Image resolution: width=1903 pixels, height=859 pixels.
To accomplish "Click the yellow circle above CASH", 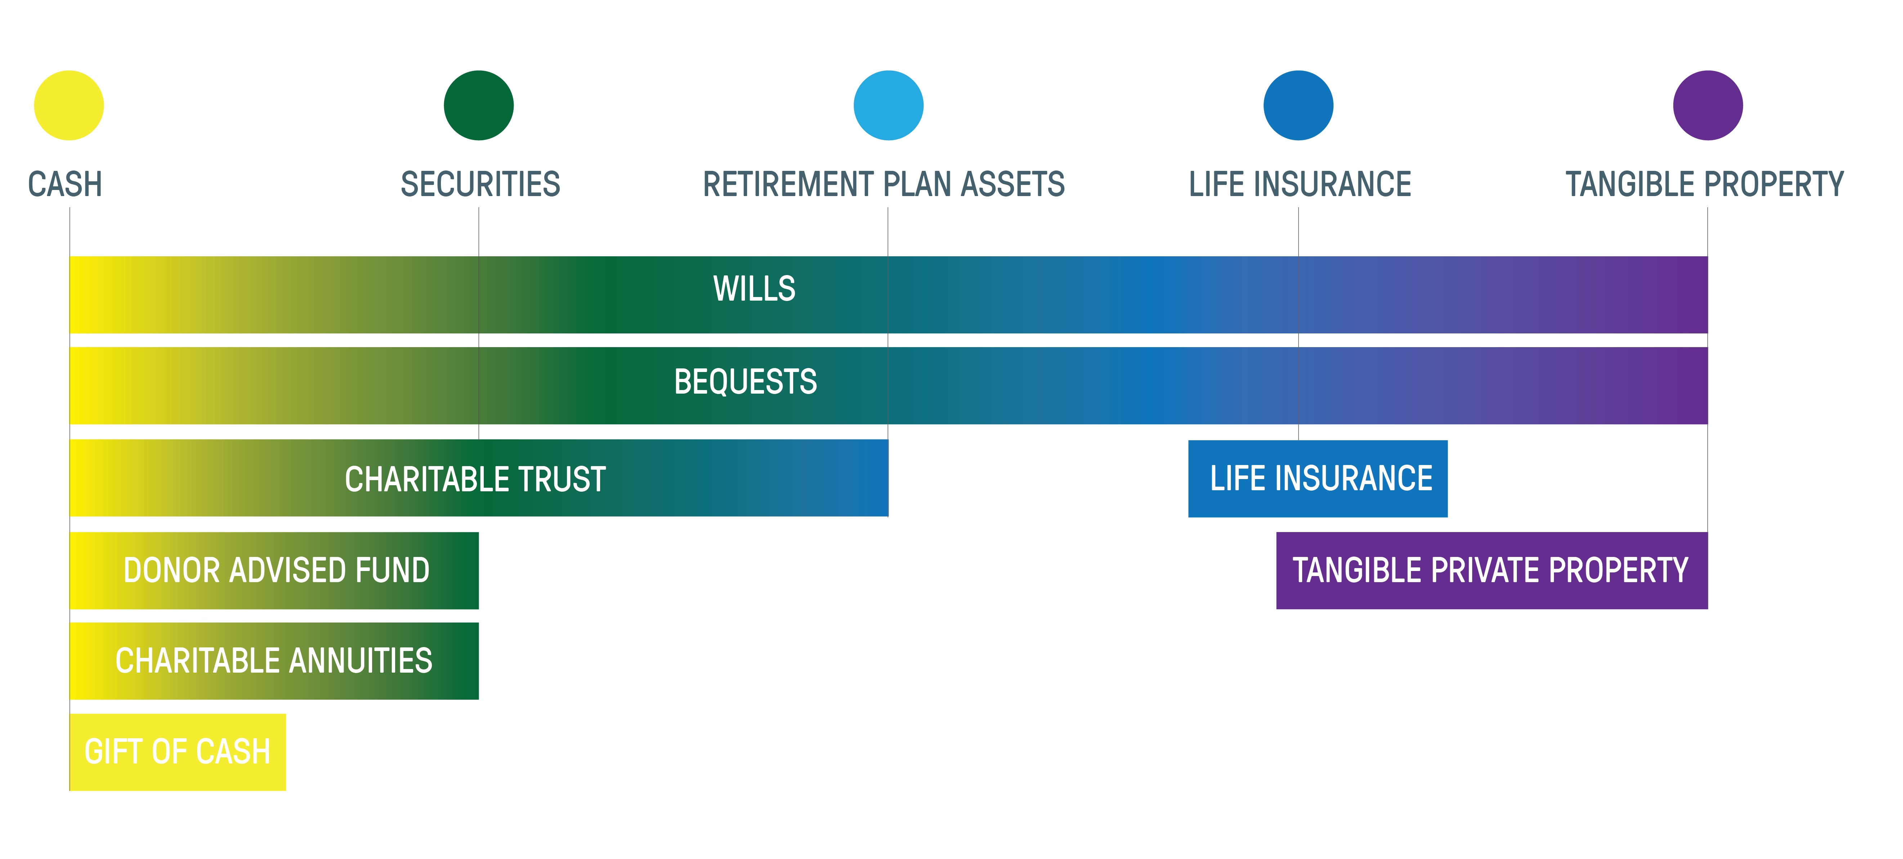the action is (69, 105).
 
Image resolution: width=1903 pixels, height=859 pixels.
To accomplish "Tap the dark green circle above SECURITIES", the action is (479, 105).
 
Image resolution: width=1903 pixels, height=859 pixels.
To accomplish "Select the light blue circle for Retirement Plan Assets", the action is (889, 105).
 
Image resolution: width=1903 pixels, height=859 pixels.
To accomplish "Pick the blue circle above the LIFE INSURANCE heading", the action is (1299, 105).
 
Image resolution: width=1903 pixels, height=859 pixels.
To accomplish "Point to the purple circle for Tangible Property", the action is (1708, 105).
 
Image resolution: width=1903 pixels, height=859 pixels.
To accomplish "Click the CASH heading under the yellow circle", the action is (65, 184).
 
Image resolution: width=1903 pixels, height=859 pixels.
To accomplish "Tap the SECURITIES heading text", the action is (480, 184).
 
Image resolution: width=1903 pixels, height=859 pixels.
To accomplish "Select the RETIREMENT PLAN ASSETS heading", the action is (884, 184).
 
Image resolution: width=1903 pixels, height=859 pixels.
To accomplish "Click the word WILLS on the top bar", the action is (754, 288).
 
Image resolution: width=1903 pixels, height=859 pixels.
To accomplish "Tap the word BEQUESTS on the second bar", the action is (745, 381).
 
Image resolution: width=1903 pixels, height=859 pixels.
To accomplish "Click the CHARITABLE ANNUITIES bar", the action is (274, 661).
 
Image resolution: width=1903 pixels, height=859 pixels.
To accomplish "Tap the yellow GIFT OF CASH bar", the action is (177, 752).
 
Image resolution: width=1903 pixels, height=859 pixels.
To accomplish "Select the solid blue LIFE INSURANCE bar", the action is (1318, 478).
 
